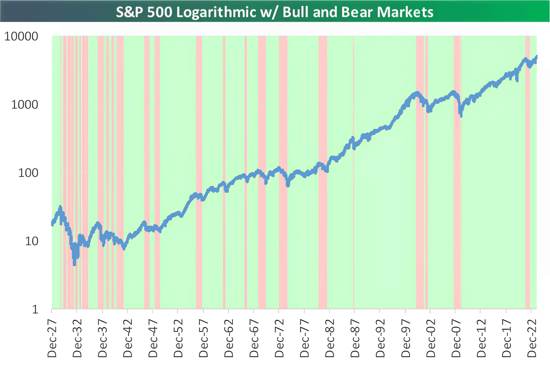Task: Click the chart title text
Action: pyautogui.click(x=275, y=12)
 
